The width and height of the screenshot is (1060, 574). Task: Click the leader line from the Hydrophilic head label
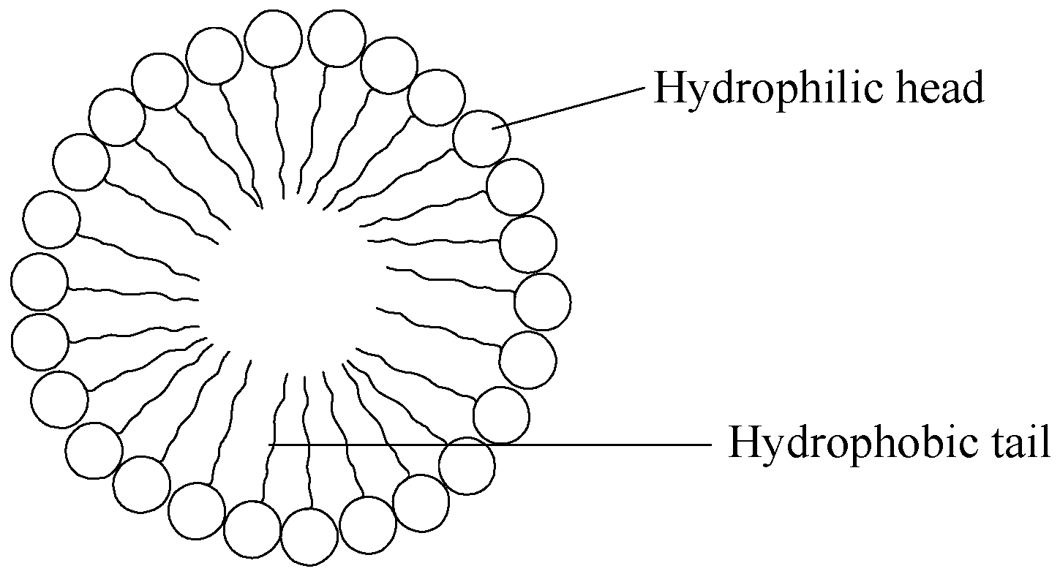click(571, 107)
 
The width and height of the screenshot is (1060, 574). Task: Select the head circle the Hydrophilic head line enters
click(481, 138)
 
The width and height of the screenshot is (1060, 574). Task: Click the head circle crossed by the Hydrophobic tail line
click(467, 465)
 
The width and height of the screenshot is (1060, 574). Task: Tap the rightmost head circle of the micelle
click(542, 301)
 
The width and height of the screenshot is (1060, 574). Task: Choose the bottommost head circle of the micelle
click(309, 537)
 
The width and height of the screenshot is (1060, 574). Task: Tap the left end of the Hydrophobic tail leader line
click(271, 444)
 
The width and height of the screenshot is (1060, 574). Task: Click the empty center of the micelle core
click(293, 292)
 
